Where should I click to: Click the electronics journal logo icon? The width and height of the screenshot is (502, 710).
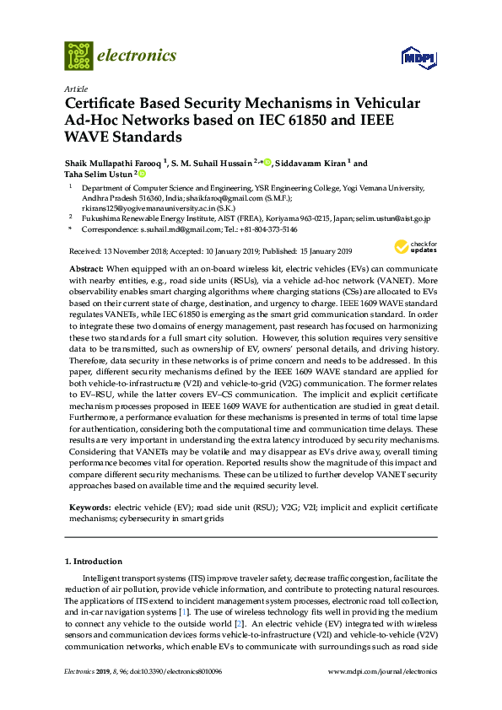pyautogui.click(x=78, y=56)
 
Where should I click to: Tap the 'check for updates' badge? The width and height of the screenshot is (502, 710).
pyautogui.click(x=413, y=247)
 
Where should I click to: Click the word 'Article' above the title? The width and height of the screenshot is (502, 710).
pyautogui.click(x=74, y=89)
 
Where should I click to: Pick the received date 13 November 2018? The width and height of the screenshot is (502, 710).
pyautogui.click(x=135, y=251)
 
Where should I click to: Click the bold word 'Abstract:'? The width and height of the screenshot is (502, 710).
pyautogui.click(x=86, y=266)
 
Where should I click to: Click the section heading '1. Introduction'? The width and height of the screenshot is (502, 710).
pyautogui.click(x=94, y=562)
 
